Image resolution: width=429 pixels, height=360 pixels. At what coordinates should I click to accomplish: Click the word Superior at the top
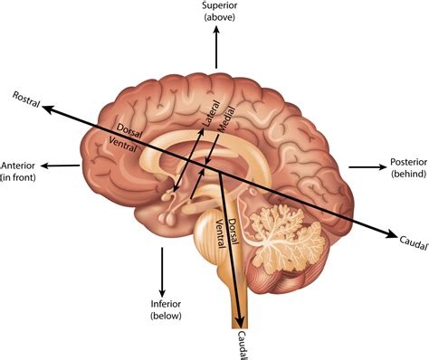[x=217, y=7]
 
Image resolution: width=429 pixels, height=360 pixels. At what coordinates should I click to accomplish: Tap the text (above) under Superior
[x=217, y=19]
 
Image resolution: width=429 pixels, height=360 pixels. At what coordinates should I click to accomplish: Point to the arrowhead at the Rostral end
[x=47, y=107]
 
